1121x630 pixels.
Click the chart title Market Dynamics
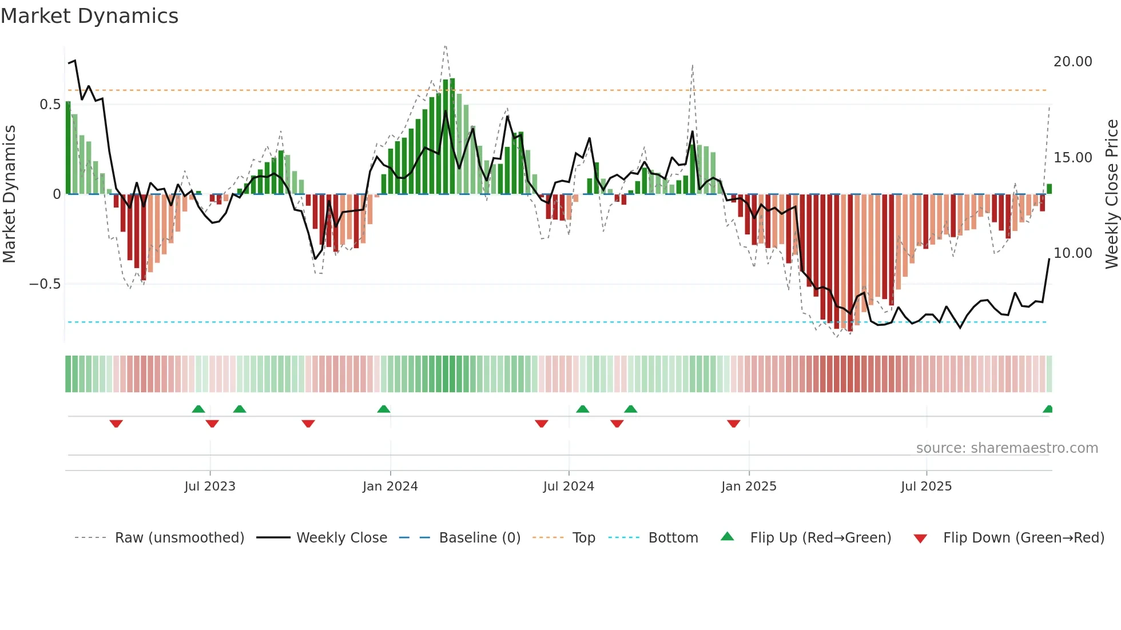point(89,16)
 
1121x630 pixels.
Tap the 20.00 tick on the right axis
point(1072,62)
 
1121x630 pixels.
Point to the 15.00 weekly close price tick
point(1072,158)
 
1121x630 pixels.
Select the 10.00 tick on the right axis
point(1072,253)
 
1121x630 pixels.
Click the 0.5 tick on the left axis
point(50,105)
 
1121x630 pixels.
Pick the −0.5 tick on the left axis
point(45,284)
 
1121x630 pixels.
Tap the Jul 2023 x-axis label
point(209,487)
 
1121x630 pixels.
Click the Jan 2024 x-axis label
point(390,487)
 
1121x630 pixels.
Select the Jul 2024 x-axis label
point(569,487)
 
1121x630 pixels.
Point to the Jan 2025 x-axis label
point(749,487)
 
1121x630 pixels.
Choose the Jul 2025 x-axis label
point(926,487)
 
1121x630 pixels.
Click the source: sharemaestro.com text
point(1007,448)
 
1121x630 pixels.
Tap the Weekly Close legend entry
point(341,538)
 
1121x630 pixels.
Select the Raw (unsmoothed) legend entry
point(179,538)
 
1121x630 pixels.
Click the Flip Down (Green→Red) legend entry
point(1023,538)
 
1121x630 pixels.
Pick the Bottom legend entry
point(673,538)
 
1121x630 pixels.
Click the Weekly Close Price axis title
point(1111,194)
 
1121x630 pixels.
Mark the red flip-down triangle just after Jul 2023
point(212,424)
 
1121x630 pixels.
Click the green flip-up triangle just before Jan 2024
point(384,409)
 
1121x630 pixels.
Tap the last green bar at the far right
point(1049,189)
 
